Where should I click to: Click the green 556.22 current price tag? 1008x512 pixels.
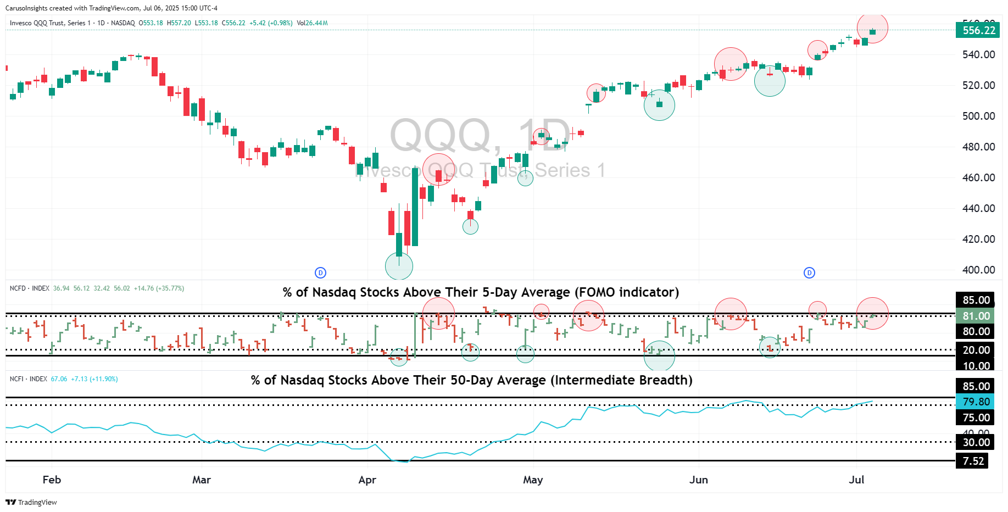(978, 30)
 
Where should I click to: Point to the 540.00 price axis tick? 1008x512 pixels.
(978, 54)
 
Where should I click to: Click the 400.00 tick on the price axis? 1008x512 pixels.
(978, 270)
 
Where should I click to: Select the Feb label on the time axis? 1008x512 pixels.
(52, 480)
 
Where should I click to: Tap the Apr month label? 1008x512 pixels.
(367, 480)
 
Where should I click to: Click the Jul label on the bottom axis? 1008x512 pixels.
(856, 480)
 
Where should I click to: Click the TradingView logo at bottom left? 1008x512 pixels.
(31, 502)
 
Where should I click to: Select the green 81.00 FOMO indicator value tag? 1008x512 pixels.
(976, 316)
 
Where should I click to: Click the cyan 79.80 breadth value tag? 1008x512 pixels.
(976, 402)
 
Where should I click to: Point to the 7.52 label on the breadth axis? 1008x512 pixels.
(973, 461)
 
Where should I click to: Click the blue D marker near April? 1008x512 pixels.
(320, 272)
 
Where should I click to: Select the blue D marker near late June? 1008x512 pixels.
(809, 272)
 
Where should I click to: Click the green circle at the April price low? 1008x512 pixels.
(399, 266)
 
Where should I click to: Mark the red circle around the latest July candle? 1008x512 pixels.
(872, 27)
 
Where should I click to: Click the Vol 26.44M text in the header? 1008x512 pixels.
(312, 23)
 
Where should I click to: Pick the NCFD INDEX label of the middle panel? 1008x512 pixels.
(30, 288)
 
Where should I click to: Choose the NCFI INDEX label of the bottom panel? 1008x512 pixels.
(29, 379)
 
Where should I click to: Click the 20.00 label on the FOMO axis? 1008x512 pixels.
(976, 350)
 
